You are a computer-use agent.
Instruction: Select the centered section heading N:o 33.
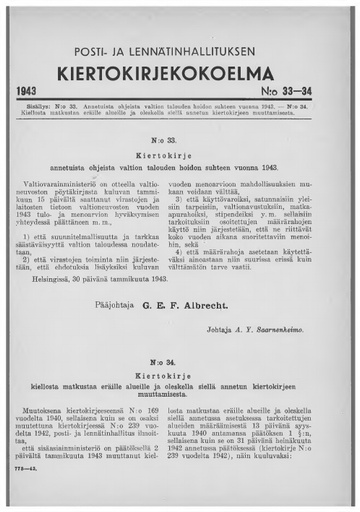point(180,143)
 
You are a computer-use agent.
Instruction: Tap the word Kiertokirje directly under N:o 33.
point(180,158)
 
